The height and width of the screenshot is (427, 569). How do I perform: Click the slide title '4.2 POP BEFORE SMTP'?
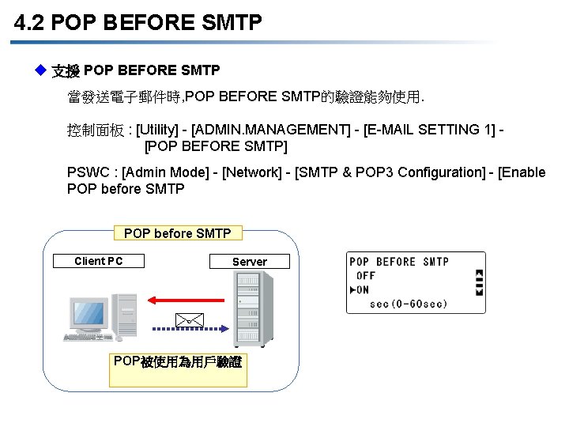[x=138, y=23]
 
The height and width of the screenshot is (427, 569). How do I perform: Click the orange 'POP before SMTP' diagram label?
[x=178, y=233]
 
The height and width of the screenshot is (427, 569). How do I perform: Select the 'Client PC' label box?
[x=99, y=261]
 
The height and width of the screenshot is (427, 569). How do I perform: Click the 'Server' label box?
[x=249, y=262]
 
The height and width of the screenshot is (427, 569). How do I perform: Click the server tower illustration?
[x=251, y=308]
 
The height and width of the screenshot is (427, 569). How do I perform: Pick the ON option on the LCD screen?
[x=362, y=289]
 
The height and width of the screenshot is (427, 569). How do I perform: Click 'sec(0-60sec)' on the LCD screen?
[x=408, y=304]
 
